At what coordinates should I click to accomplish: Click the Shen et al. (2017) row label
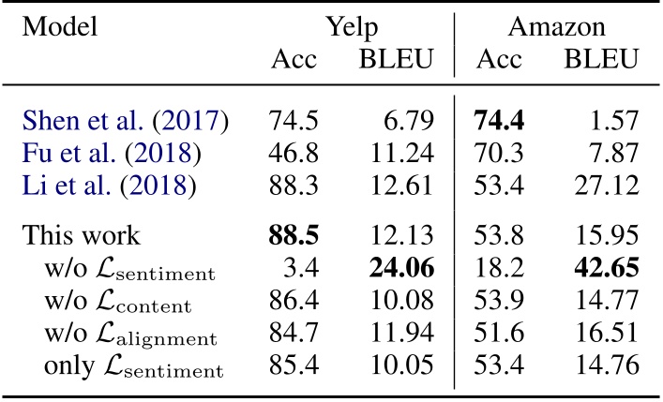(127, 121)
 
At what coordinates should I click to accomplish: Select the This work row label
(83, 238)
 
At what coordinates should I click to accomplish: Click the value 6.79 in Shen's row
(405, 121)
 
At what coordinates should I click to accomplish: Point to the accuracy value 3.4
(306, 271)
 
